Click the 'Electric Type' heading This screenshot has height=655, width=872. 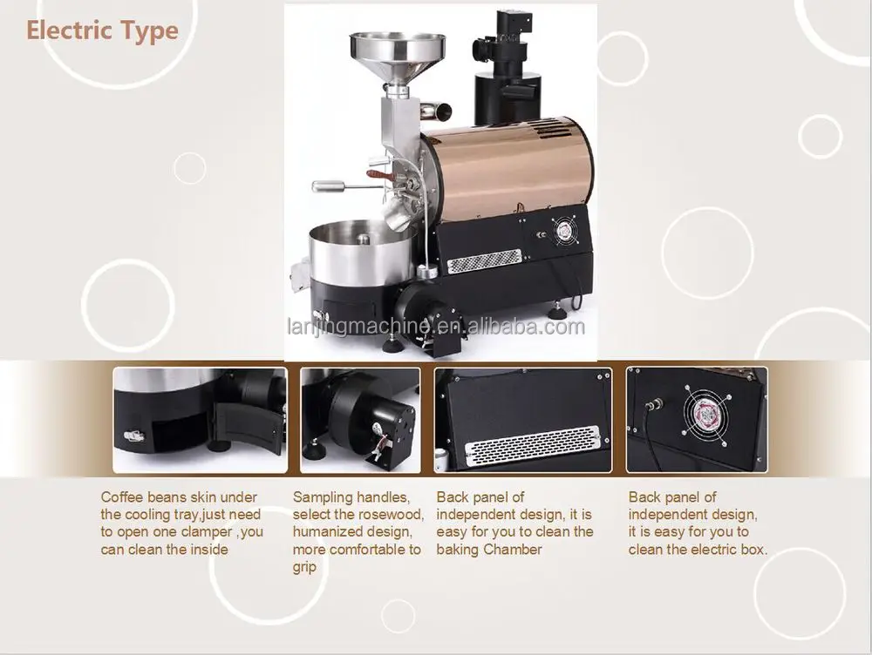point(102,31)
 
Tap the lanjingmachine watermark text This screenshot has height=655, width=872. point(436,327)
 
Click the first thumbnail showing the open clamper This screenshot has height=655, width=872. point(200,420)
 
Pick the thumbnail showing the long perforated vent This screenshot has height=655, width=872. point(523,420)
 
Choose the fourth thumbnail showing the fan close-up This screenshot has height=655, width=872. point(698,420)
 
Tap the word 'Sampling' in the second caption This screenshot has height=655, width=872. point(324,497)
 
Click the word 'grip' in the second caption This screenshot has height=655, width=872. point(304,567)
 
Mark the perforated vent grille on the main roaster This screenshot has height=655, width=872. point(484,259)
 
